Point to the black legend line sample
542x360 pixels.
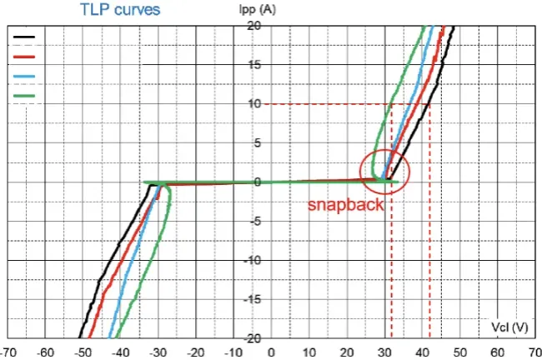coord(25,37)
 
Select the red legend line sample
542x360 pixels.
coord(25,57)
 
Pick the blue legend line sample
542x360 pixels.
coord(25,76)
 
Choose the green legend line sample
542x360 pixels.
coord(25,96)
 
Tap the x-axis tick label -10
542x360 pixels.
coord(234,352)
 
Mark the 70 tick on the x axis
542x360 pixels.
coord(534,352)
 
